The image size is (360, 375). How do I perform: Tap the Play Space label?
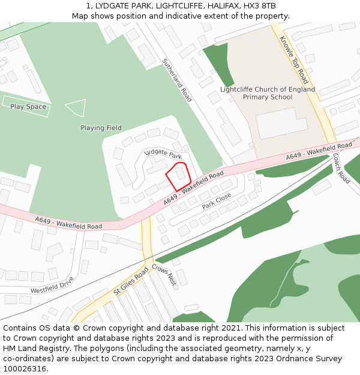pos(28,107)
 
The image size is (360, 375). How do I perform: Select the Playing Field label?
pos(101,128)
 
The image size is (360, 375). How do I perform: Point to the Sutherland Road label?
pos(177,80)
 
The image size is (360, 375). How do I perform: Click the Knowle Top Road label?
pos(294,59)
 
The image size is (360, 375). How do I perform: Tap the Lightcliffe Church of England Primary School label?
pos(268,93)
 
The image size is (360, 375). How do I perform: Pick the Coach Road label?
pos(341,169)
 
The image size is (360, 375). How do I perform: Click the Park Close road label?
pos(217,201)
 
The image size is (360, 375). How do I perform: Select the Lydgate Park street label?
pos(163,154)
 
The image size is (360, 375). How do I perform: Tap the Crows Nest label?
pos(164,275)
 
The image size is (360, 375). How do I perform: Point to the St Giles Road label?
pos(131,281)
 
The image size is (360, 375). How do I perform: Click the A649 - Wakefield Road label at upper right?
pos(319,151)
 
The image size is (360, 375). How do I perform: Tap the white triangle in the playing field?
pos(76,108)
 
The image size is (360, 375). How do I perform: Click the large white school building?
pos(281,122)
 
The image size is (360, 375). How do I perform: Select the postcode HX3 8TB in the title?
pos(260,5)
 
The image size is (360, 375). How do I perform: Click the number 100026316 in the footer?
pos(25,368)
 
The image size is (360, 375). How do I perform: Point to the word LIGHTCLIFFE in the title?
pos(172,5)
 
